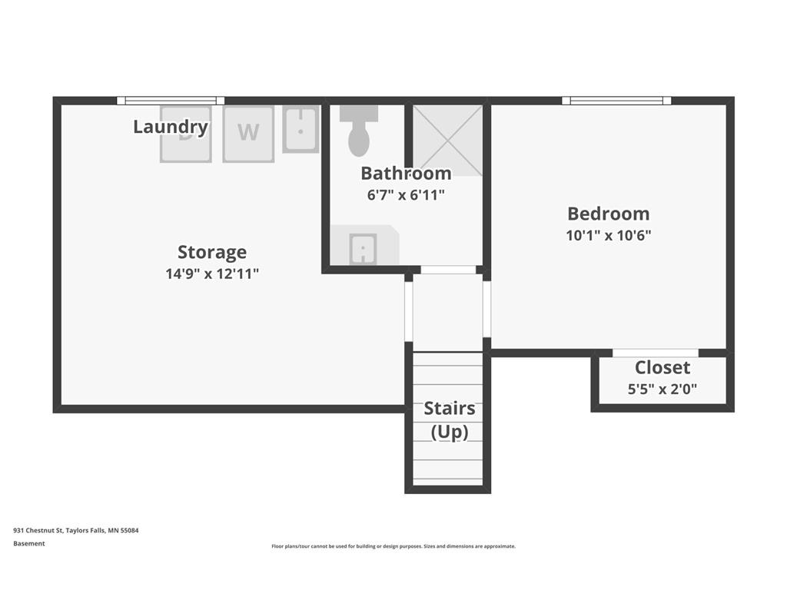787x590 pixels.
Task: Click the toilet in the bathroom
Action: [x=359, y=131]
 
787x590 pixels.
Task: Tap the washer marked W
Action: [x=248, y=134]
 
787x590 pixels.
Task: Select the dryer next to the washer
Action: [x=186, y=134]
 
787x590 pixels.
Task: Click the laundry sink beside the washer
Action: [x=301, y=129]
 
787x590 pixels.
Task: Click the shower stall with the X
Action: [x=447, y=141]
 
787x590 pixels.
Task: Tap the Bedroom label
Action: [x=609, y=214]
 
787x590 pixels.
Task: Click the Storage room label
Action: [x=212, y=252]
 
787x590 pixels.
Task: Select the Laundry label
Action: [x=171, y=127]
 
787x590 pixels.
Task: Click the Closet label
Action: [x=662, y=368]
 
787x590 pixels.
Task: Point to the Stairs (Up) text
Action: [x=449, y=420]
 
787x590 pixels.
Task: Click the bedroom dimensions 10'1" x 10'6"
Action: [x=609, y=235]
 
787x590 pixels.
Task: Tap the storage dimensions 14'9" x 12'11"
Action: [x=212, y=274]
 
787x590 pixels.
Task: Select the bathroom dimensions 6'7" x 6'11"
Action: [x=406, y=194]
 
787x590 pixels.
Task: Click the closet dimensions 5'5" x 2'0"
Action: [x=662, y=389]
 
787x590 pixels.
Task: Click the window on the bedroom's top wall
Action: [x=616, y=101]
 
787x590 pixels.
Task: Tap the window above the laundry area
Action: [x=171, y=101]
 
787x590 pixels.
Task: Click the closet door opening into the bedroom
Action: [x=656, y=353]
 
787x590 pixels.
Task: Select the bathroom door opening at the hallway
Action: [x=448, y=270]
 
